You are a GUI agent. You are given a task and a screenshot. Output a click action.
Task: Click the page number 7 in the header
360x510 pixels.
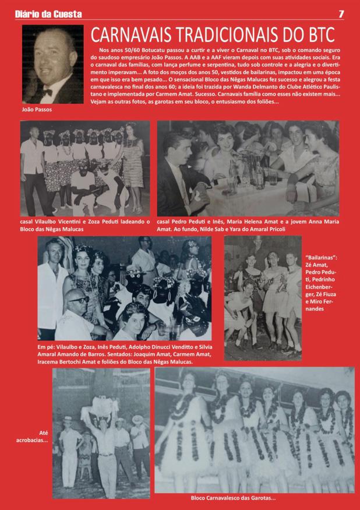coord(341,14)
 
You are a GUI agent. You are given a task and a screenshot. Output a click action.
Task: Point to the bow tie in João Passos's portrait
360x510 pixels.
coord(47,92)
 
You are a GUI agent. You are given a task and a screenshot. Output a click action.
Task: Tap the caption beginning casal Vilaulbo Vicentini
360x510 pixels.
coord(85,226)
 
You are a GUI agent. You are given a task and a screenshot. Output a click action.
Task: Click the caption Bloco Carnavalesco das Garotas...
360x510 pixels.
coord(233,498)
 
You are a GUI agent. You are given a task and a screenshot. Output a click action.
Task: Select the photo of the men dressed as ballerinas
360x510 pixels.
coord(263,298)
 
